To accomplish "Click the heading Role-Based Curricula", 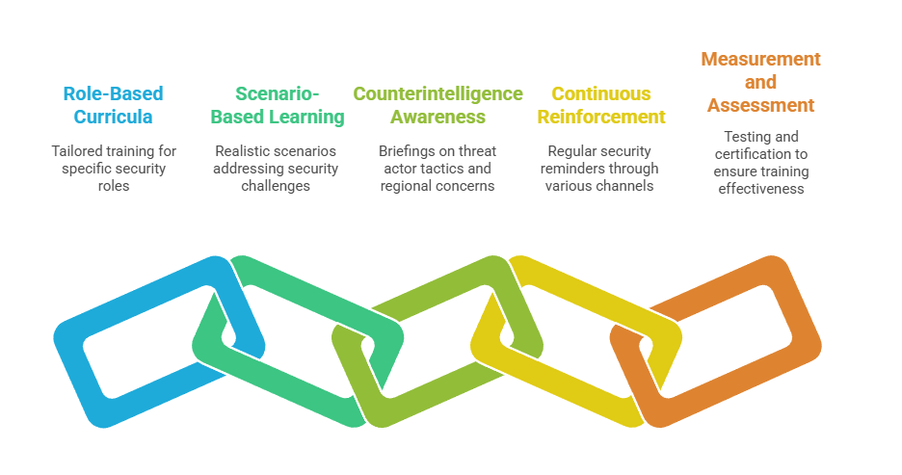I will pyautogui.click(x=113, y=105).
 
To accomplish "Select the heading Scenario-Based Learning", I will pyautogui.click(x=278, y=105).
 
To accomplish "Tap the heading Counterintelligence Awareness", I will pyautogui.click(x=438, y=105).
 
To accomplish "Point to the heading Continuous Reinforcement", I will pyautogui.click(x=601, y=105).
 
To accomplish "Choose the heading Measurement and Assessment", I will pyautogui.click(x=760, y=82).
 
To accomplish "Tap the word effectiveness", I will pyautogui.click(x=760, y=189).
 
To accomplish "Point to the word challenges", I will pyautogui.click(x=278, y=185).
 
